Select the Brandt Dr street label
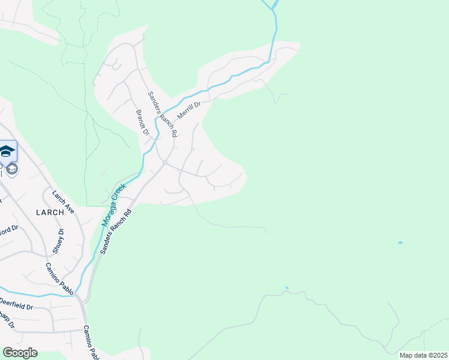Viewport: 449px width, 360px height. pos(141,122)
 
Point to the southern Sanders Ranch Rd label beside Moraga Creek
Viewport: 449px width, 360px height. pos(115,232)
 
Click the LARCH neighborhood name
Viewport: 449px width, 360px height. pos(49,212)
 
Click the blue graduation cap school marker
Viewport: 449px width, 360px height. pos(7,151)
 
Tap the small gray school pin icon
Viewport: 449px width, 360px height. pos(13,169)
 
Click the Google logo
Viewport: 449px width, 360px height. pos(20,353)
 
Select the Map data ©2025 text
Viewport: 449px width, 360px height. pos(423,355)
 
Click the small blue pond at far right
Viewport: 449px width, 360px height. pos(400,242)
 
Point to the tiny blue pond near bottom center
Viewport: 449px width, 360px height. pos(287,288)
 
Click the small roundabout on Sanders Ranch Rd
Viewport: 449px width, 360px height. pos(164,163)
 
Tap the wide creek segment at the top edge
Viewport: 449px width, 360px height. pos(271,4)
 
